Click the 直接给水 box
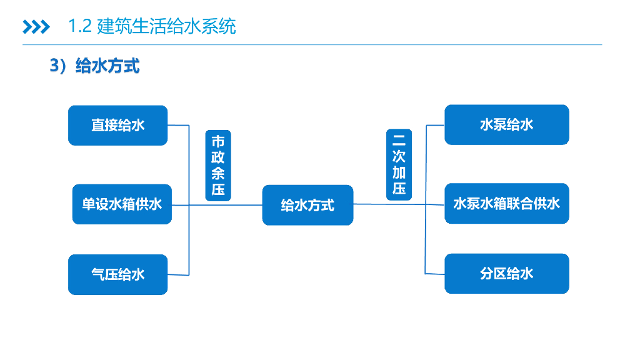pyautogui.click(x=117, y=125)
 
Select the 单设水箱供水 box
pyautogui.click(x=122, y=204)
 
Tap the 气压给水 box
pyautogui.click(x=117, y=274)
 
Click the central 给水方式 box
pyautogui.click(x=307, y=205)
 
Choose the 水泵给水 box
pyautogui.click(x=506, y=124)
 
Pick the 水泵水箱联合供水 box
pyautogui.click(x=506, y=203)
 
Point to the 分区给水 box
pyautogui.click(x=506, y=273)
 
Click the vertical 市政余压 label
pyautogui.click(x=218, y=165)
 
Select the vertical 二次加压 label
pyautogui.click(x=399, y=164)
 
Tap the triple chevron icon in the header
pyautogui.click(x=36, y=27)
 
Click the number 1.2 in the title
pyautogui.click(x=80, y=27)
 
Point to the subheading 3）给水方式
pyautogui.click(x=94, y=66)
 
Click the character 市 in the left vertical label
pyautogui.click(x=218, y=141)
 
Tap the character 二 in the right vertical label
pyautogui.click(x=399, y=139)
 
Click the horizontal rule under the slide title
pyautogui.click(x=312, y=45)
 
